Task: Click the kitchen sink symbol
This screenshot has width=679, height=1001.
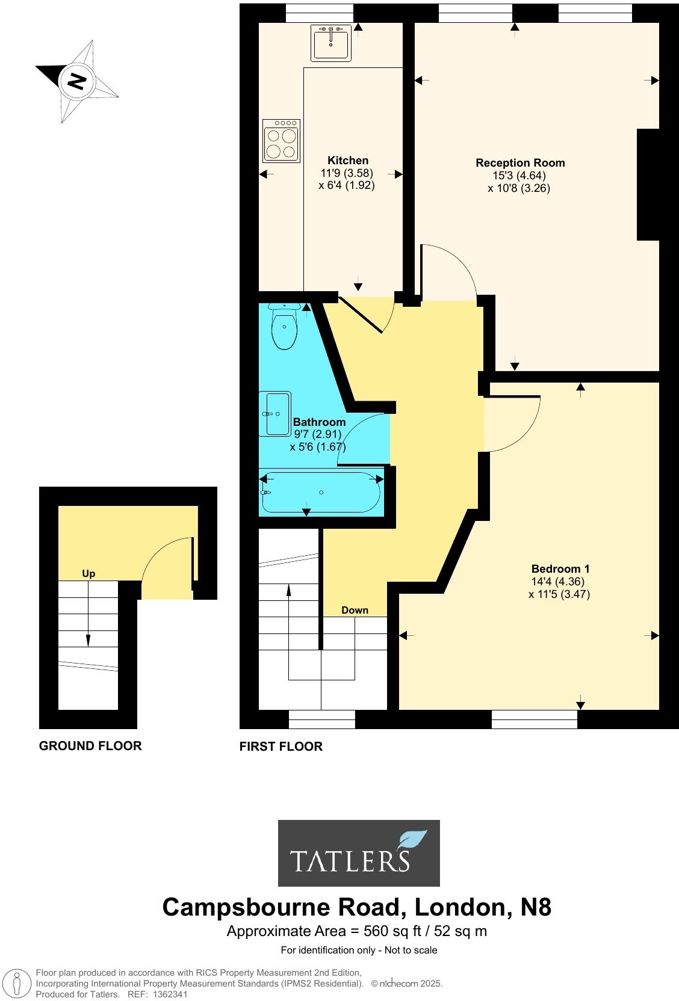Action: click(x=330, y=42)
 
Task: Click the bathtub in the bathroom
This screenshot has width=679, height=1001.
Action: click(x=320, y=493)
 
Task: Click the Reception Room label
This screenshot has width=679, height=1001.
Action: click(x=520, y=162)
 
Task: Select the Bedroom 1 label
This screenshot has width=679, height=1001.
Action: click(x=560, y=568)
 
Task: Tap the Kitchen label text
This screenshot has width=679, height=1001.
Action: click(x=348, y=160)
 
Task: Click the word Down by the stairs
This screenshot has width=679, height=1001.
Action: click(x=355, y=610)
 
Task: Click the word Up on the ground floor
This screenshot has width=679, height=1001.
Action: click(x=88, y=573)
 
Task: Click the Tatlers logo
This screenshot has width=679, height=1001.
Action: click(x=358, y=853)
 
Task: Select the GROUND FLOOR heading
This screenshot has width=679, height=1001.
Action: click(x=90, y=746)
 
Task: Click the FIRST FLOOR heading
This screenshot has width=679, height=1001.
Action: click(x=281, y=747)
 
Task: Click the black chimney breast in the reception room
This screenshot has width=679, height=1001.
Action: click(x=648, y=185)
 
